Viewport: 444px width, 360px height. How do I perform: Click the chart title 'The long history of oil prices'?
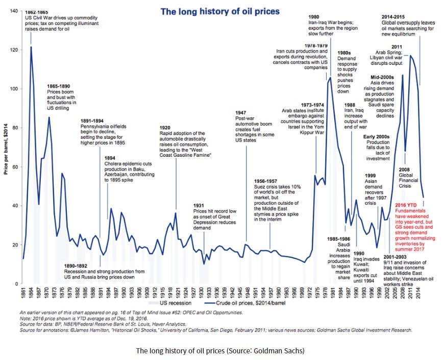click(x=220, y=11)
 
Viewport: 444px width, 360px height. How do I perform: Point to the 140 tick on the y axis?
click(x=14, y=11)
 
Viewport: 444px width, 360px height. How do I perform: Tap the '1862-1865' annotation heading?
click(x=37, y=12)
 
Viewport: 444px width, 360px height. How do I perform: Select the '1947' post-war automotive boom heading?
click(x=242, y=112)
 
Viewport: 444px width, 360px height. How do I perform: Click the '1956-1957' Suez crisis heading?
click(x=266, y=181)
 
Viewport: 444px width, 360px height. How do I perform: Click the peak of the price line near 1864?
click(x=31, y=47)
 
